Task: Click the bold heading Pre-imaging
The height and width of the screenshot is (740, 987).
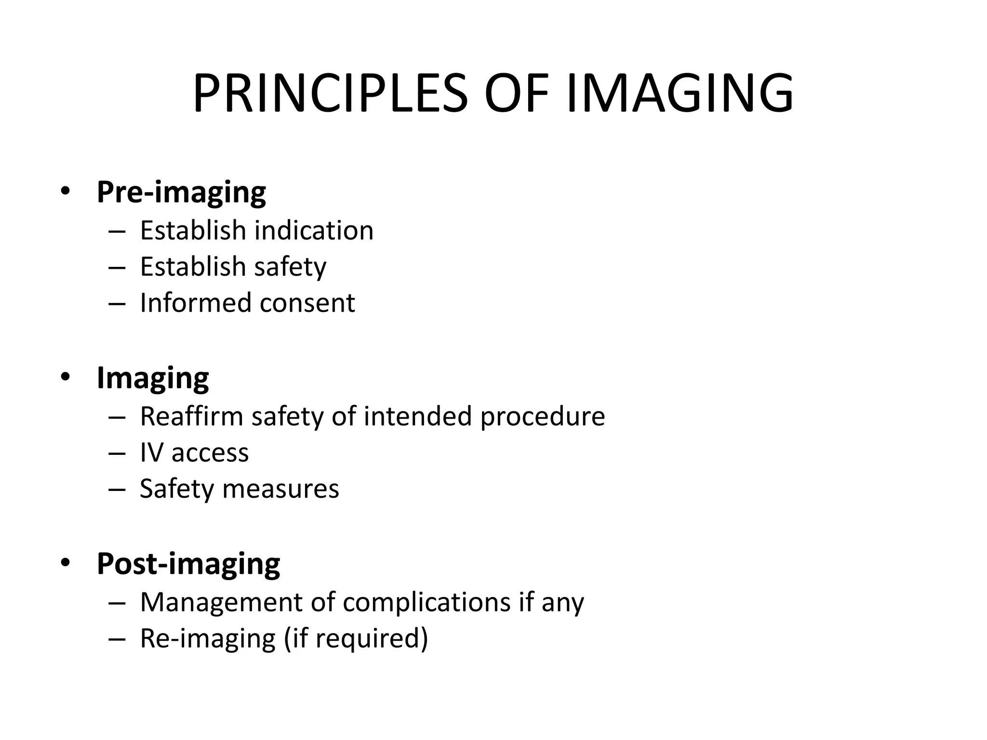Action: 181,192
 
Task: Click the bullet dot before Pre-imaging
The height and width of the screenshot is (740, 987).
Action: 66,191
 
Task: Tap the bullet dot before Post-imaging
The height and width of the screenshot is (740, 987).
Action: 66,562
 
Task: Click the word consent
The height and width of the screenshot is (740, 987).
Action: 307,303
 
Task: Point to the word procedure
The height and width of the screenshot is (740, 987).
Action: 542,416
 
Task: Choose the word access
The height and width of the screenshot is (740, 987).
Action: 210,453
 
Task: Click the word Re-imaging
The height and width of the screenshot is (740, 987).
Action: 208,638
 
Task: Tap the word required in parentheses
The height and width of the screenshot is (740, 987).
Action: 366,638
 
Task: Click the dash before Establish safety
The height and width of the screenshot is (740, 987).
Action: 117,267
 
